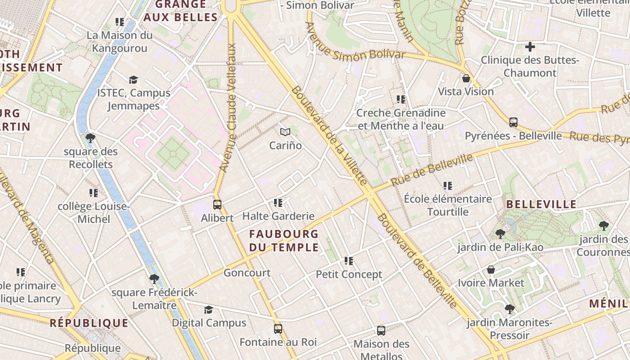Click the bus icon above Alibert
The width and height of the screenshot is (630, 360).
pos(217,205)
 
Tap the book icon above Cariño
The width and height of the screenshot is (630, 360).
pos(285,132)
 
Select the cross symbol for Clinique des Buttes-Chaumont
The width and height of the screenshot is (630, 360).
pos(530,46)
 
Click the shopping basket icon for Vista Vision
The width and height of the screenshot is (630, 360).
pos(466,78)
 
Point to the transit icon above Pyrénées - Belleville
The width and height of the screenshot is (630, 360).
pos(513,122)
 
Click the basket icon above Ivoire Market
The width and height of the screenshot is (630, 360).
pos(491,270)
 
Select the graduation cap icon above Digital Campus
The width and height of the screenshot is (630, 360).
pos(208,310)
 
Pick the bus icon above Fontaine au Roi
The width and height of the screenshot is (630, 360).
pos(278,329)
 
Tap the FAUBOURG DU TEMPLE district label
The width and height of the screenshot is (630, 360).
pos(284,241)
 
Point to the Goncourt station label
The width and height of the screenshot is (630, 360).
pos(247,273)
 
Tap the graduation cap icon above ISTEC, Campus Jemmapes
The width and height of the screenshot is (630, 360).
pos(133,80)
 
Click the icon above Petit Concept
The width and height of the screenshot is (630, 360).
pos(348,261)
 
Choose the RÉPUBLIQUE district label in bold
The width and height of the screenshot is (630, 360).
pos(89,323)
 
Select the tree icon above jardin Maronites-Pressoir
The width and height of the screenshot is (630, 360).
pos(509,309)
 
